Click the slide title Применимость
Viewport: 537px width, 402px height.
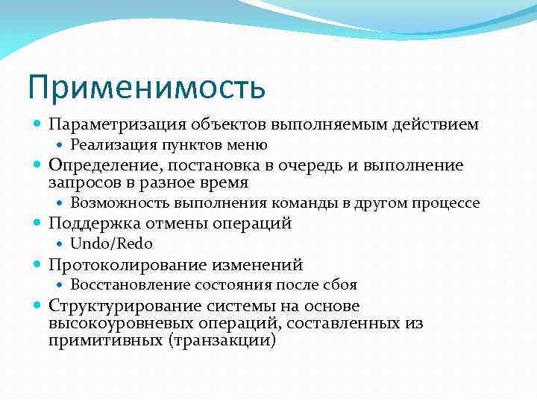pos(146,86)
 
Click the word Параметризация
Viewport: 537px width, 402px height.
pos(118,124)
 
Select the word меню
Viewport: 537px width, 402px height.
pos(249,145)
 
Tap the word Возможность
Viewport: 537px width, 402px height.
pos(121,202)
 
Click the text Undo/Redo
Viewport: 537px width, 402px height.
pos(110,243)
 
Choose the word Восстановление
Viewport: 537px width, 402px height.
pos(131,284)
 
